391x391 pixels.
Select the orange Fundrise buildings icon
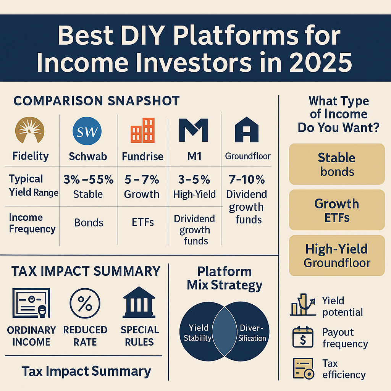coord(142,131)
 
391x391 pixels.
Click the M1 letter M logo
coord(193,130)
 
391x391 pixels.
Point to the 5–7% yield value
coord(142,179)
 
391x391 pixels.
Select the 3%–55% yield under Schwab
coord(88,179)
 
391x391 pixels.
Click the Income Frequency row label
coord(32,223)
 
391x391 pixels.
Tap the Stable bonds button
coord(336,164)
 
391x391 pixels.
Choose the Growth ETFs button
coord(336,210)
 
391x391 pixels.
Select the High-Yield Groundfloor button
coord(336,256)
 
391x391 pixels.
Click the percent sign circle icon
coord(85,304)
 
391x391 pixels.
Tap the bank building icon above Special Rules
coord(139,303)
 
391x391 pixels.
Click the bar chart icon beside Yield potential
coord(302,305)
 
